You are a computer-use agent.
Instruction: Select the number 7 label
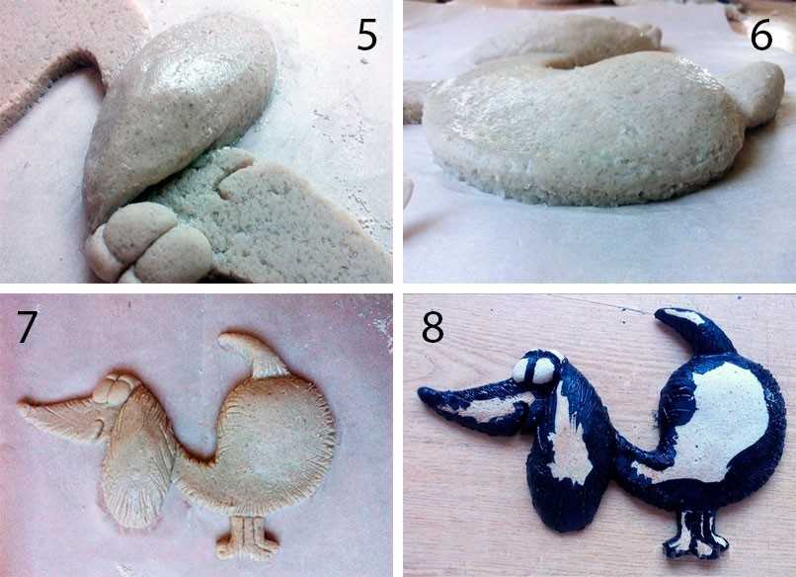click(x=26, y=327)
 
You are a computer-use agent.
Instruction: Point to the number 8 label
click(x=433, y=327)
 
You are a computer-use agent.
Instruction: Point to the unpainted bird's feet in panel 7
click(x=248, y=538)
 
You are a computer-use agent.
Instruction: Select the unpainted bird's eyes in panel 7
click(x=116, y=389)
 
